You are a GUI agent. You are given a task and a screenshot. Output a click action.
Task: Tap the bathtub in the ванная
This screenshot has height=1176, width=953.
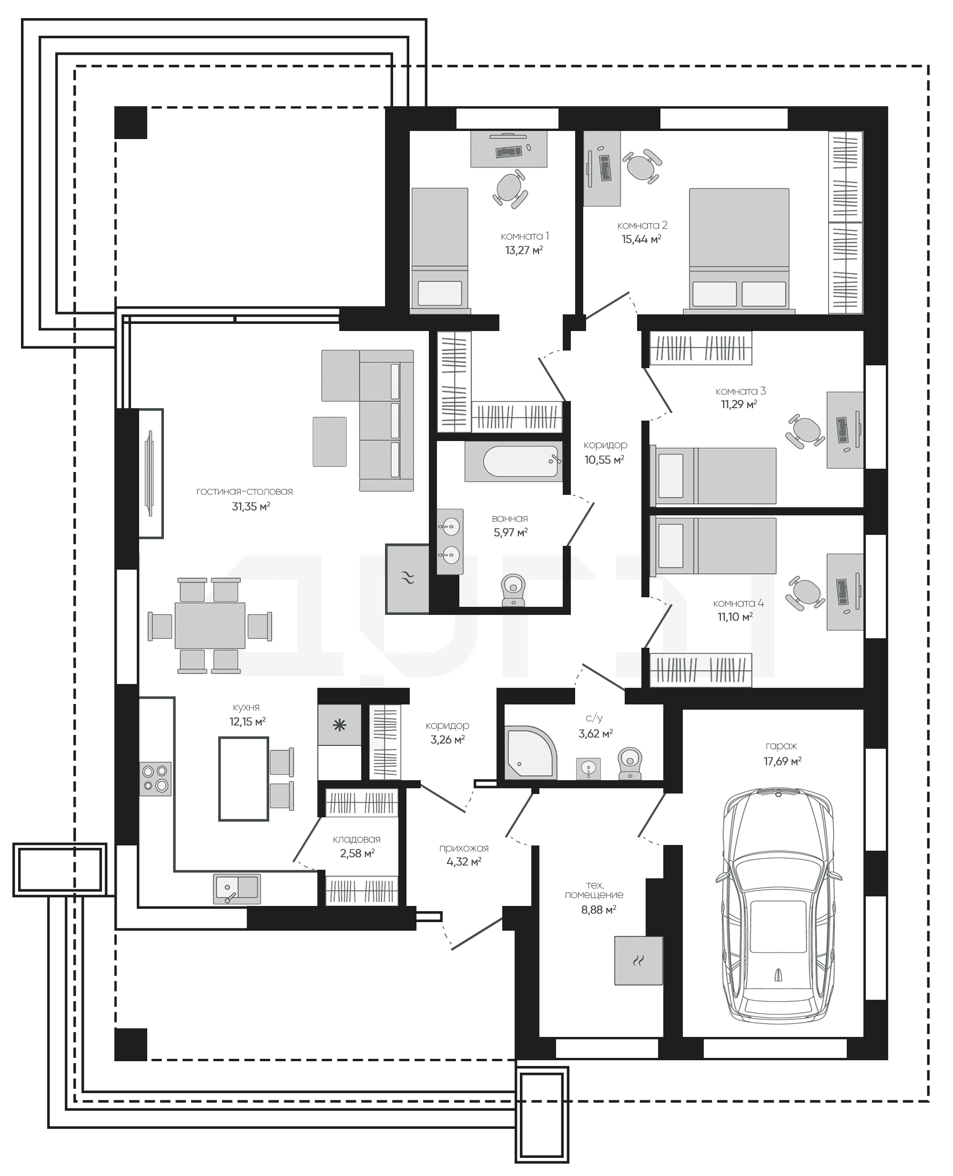click(514, 462)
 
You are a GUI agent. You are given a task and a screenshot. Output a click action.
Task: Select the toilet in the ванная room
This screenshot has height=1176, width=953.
click(513, 590)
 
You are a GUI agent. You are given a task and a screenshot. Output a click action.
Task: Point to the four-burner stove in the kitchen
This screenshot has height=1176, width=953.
click(155, 779)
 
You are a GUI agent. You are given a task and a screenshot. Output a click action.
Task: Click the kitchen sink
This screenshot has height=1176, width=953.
click(237, 888)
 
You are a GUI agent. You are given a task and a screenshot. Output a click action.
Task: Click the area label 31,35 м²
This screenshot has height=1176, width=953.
click(251, 506)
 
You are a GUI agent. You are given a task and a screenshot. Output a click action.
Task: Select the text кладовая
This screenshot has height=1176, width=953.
click(356, 839)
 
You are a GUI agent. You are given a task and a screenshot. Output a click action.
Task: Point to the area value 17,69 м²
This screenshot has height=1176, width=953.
click(782, 761)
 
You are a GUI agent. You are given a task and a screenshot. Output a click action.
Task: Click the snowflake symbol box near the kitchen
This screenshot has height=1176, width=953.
click(340, 725)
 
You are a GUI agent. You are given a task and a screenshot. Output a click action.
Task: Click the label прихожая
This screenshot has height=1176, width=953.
click(464, 848)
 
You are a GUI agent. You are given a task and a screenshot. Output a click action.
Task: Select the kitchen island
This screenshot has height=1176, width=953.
click(244, 779)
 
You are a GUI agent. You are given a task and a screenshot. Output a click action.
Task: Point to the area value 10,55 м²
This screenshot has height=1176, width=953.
click(604, 460)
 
